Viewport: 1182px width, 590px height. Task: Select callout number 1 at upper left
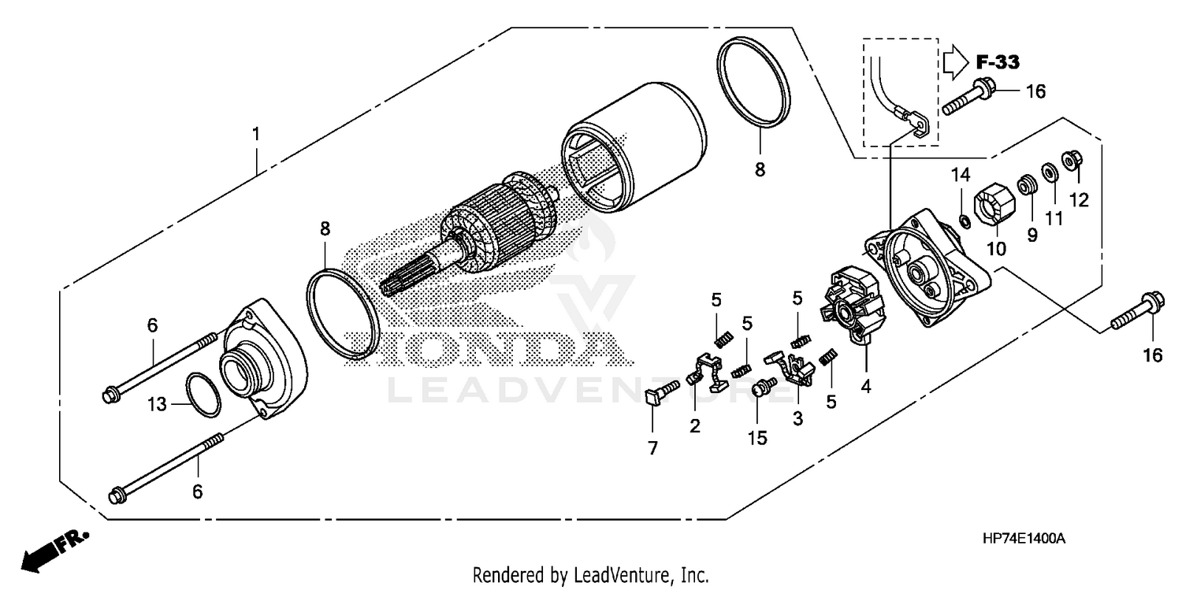tap(255, 135)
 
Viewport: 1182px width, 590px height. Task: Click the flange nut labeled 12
tap(1071, 161)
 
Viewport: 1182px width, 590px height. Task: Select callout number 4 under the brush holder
tap(865, 388)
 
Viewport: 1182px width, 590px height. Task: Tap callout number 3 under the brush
tap(797, 420)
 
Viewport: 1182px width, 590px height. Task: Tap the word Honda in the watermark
tap(489, 347)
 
